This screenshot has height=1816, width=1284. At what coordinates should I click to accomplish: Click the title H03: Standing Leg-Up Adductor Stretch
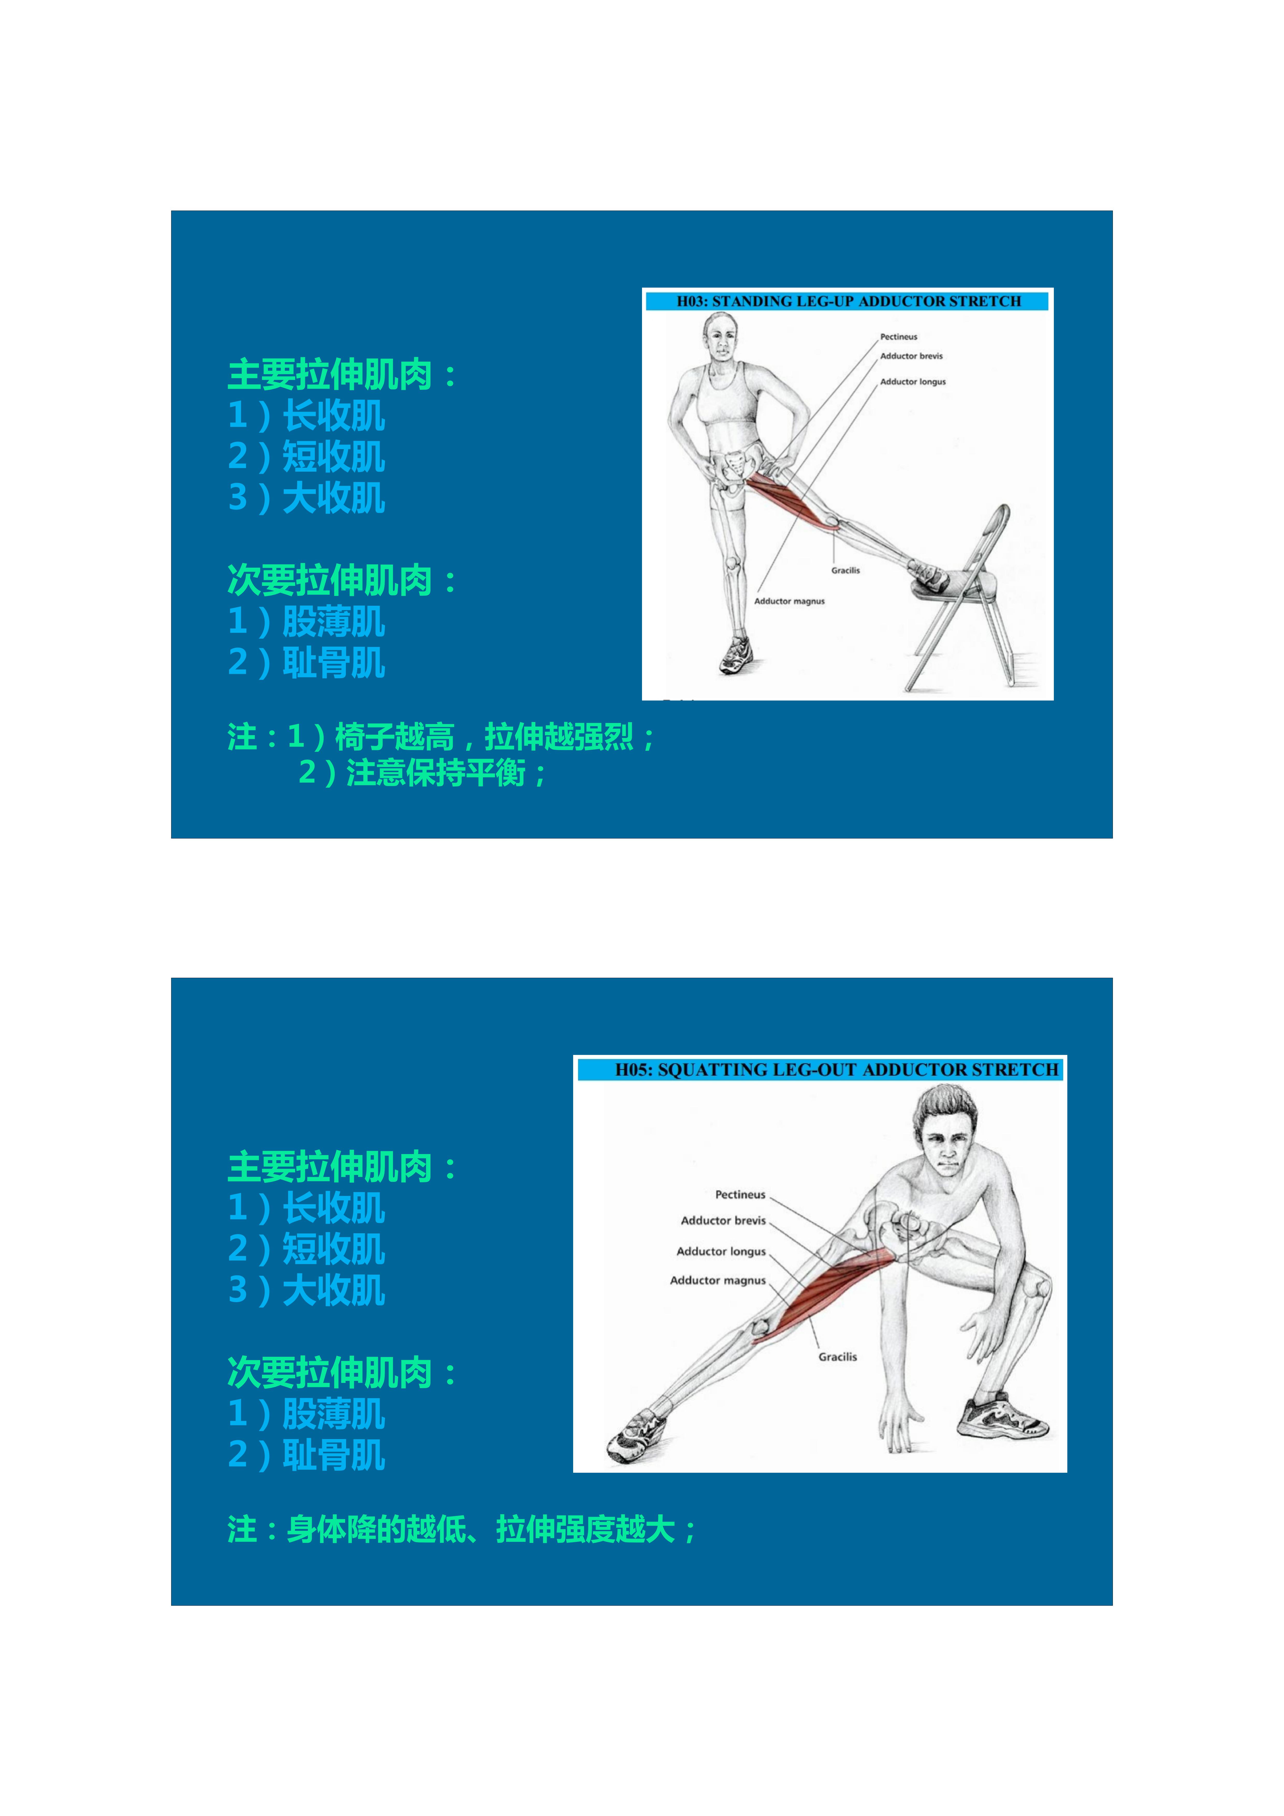(848, 301)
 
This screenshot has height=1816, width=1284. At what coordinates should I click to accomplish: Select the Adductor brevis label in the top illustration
(911, 356)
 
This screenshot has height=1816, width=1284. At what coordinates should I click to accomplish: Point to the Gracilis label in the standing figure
(845, 570)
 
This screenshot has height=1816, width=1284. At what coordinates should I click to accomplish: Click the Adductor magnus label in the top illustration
(789, 601)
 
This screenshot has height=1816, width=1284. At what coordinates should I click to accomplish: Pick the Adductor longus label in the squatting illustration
(721, 1251)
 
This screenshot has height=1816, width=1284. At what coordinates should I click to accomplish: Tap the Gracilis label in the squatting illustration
(837, 1356)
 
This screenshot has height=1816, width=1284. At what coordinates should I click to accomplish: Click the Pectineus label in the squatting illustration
(740, 1194)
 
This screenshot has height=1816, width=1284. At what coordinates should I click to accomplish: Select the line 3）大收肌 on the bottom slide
(306, 1290)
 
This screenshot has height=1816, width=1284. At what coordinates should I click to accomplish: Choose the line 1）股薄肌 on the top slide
(306, 622)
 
